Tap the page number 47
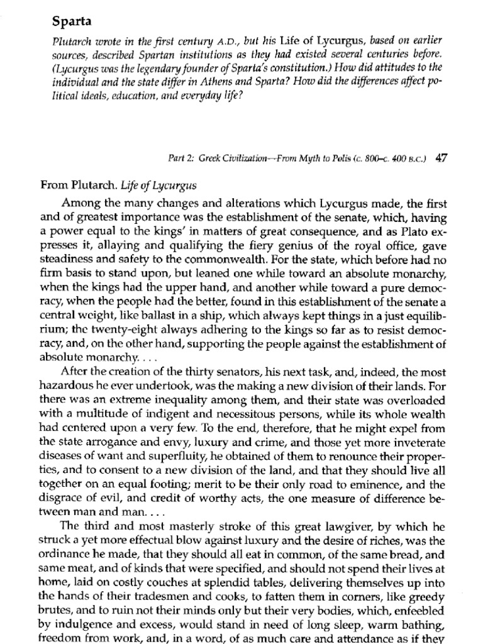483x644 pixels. click(x=441, y=159)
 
